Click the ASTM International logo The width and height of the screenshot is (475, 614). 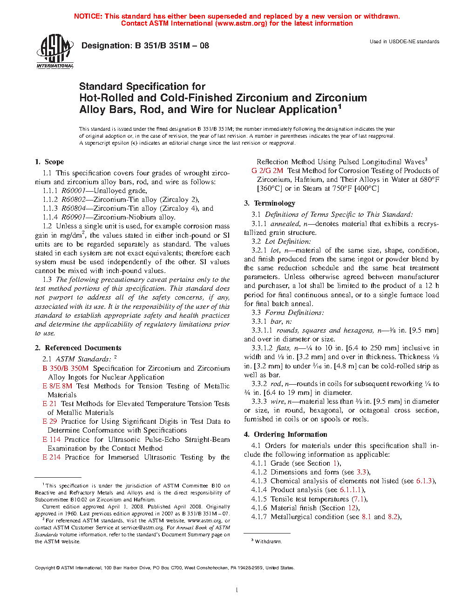point(55,51)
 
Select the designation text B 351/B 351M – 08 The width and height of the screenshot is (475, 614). point(172,46)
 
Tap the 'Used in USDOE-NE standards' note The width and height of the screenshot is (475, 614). point(404,41)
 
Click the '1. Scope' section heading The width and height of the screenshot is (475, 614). point(49,162)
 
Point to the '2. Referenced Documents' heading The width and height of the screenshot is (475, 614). point(78,348)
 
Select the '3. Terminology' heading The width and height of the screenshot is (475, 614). point(270,203)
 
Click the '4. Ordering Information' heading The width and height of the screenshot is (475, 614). point(274,434)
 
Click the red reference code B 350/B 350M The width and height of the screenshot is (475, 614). point(65,368)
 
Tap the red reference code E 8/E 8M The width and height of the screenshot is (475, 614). point(57,386)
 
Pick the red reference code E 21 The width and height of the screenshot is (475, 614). point(49,404)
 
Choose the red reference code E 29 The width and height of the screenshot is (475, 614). point(49,421)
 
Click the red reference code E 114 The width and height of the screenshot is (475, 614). point(51,440)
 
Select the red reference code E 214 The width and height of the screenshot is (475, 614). point(51,457)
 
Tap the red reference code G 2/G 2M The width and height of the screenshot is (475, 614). point(267,171)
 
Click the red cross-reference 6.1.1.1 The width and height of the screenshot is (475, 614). point(351,490)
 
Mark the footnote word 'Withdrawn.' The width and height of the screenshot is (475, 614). point(268,541)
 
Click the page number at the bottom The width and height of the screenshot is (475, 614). point(237,590)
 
